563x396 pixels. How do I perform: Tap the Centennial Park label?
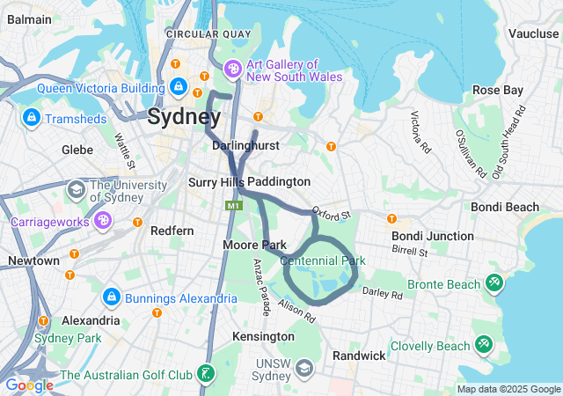[322, 260]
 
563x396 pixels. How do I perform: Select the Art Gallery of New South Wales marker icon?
[233, 68]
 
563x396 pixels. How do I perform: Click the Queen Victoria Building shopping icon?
[179, 86]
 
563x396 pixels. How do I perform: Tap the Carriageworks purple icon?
[103, 220]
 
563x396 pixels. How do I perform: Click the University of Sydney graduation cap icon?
[77, 189]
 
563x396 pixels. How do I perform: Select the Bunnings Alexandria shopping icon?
[111, 297]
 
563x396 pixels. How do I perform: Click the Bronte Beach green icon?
[495, 283]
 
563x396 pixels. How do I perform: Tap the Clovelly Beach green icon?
[483, 344]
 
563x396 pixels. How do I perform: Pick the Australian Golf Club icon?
[205, 374]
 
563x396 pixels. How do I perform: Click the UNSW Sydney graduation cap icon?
[304, 367]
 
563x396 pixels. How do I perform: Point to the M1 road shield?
[233, 205]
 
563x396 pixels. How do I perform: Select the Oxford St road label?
[333, 214]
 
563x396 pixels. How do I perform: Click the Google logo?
[28, 385]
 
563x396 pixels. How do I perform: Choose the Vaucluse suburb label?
[533, 33]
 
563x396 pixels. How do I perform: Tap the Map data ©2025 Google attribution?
[508, 389]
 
